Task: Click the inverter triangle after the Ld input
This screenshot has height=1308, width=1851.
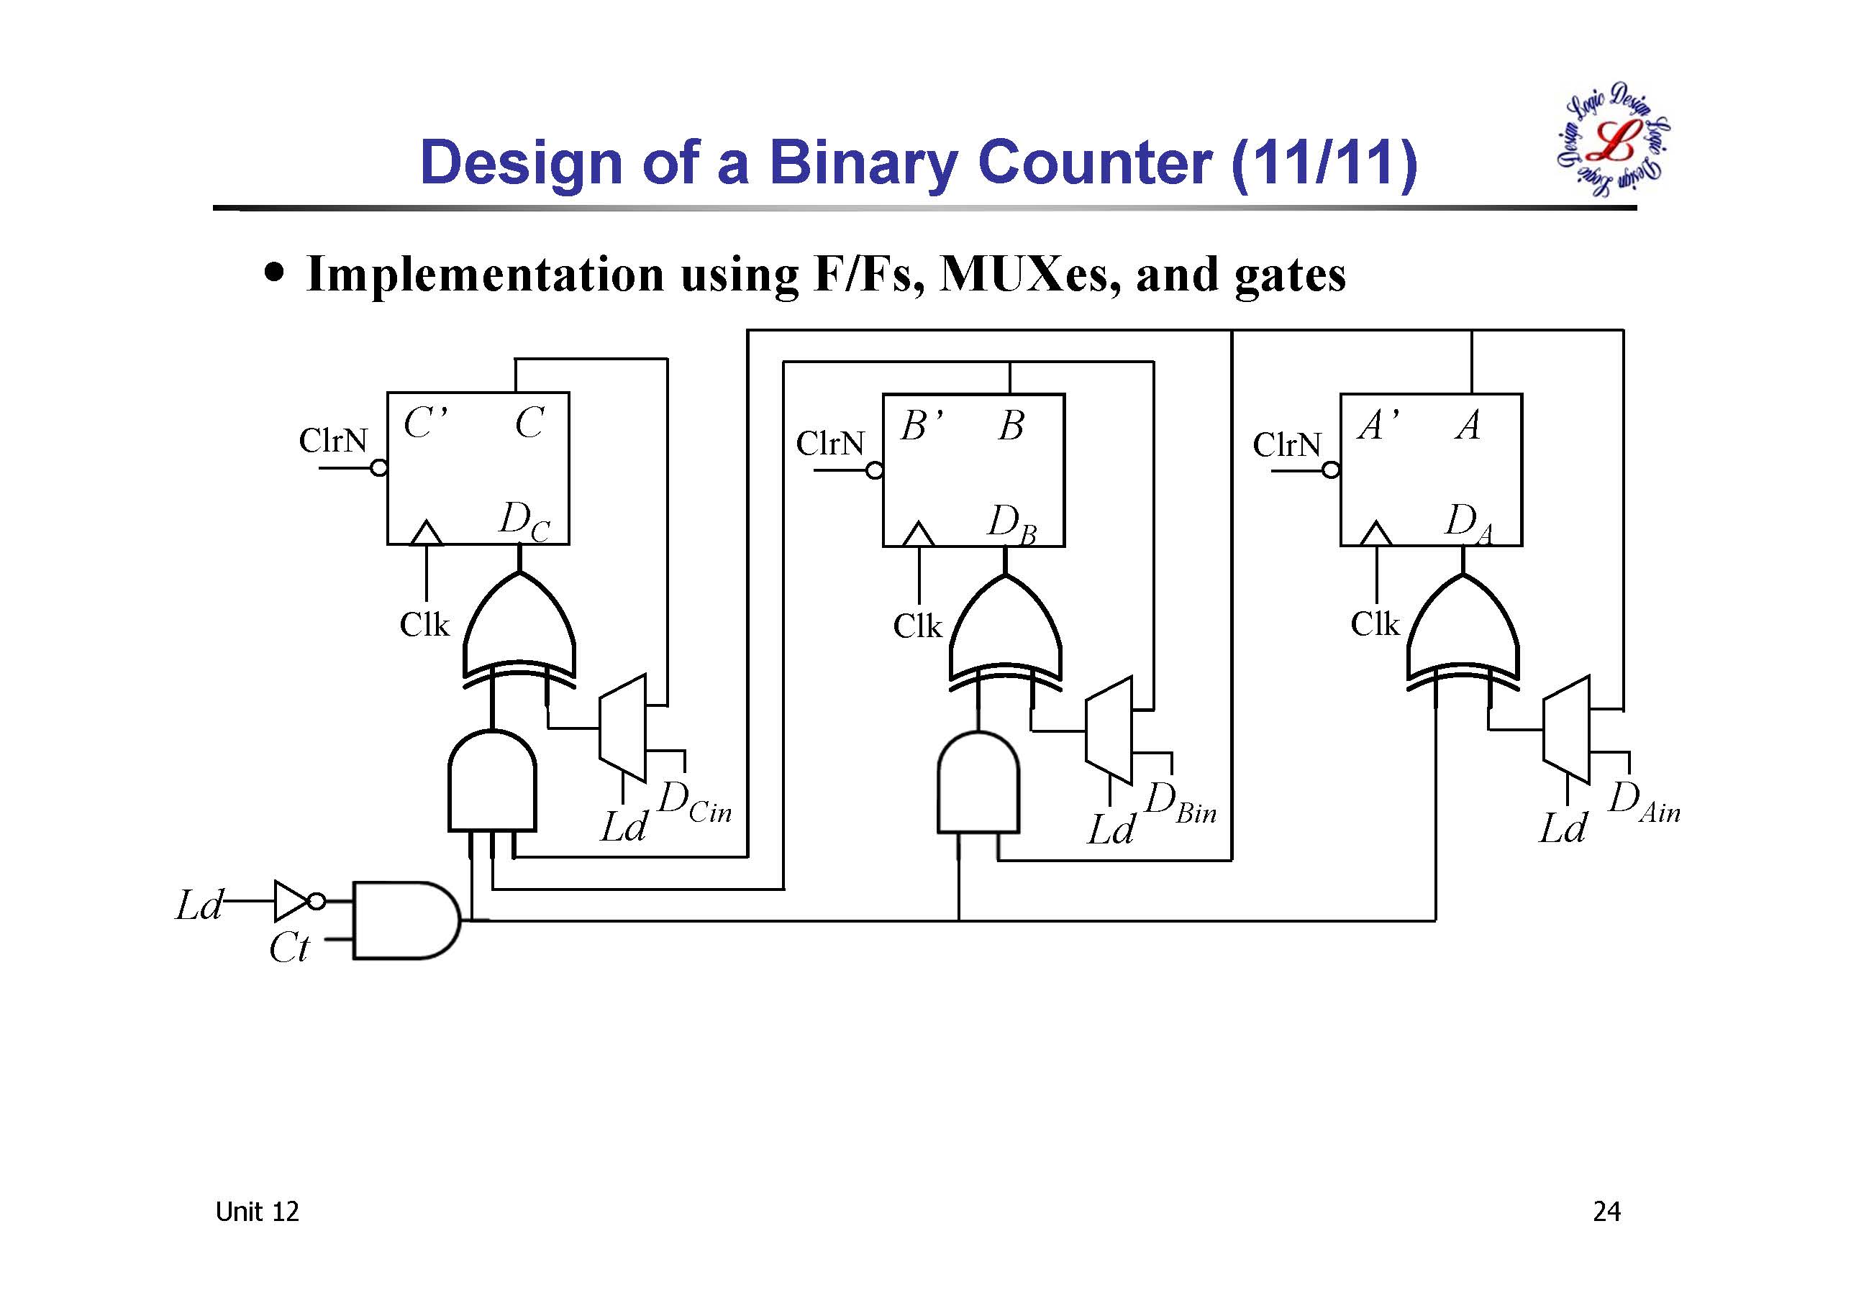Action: coord(289,900)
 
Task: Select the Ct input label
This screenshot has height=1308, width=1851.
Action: coord(288,947)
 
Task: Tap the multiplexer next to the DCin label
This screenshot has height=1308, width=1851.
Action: coord(623,728)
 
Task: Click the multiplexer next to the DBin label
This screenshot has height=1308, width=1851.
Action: coord(1109,730)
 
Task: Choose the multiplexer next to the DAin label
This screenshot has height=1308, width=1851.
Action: coord(1566,729)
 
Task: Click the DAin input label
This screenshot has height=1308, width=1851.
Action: coord(1644,803)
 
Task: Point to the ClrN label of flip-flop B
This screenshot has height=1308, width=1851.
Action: coord(829,443)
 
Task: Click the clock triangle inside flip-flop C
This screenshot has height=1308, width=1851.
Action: coord(427,534)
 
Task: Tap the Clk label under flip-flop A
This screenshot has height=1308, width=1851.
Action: coord(1375,623)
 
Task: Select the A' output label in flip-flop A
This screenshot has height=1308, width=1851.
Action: coord(1378,425)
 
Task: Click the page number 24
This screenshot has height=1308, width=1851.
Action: coord(1606,1212)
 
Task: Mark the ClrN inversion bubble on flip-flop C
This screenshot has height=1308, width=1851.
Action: coord(379,468)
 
